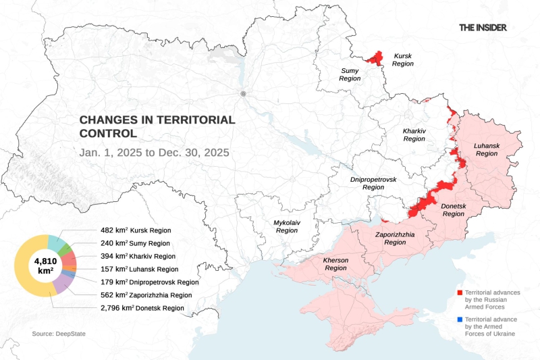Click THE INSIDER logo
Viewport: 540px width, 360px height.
point(483,28)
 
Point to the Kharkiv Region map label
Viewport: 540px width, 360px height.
point(414,134)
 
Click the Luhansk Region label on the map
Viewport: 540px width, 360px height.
point(485,149)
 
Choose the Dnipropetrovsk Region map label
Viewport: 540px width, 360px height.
point(373,183)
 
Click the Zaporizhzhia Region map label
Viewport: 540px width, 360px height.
point(395,238)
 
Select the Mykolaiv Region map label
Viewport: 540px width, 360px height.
point(286,226)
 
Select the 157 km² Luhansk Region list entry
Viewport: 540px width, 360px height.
point(136,269)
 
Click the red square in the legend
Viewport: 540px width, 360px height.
point(459,292)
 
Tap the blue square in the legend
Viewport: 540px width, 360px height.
point(459,319)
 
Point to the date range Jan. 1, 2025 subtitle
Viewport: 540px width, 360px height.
point(154,152)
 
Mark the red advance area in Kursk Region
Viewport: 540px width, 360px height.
point(373,59)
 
